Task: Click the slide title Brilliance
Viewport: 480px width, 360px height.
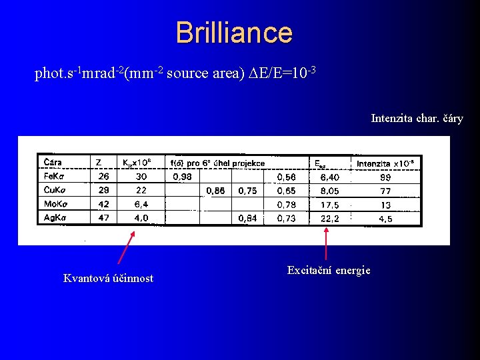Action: coord(234,33)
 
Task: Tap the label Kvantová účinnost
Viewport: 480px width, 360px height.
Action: coord(108,278)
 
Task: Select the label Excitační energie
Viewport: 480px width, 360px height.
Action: coord(329,270)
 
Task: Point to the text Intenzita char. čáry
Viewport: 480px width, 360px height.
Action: coord(417,119)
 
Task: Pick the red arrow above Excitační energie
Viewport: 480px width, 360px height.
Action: coord(326,243)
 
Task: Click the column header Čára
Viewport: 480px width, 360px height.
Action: coord(53,163)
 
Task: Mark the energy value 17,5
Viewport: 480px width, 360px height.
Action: coord(329,205)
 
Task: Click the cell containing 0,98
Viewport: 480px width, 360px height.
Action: coord(182,177)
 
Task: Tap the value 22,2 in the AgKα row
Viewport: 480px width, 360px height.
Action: coord(329,218)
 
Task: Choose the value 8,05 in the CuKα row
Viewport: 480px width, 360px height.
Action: coord(329,191)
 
